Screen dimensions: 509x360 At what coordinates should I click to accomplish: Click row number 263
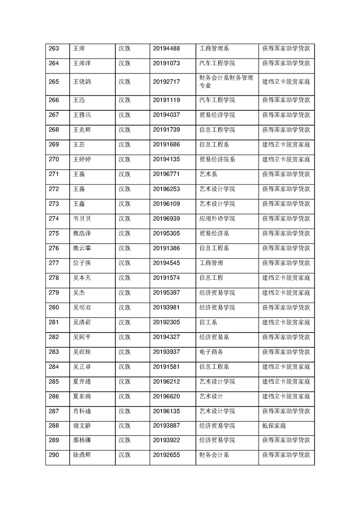(54, 49)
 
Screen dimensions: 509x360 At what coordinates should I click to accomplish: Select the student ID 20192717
(166, 82)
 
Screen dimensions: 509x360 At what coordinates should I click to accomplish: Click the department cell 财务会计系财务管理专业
(226, 82)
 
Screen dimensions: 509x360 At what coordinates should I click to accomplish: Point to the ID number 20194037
(166, 115)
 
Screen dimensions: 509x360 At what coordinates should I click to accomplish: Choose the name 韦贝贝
(82, 219)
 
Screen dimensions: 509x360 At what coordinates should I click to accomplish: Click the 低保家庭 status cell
(274, 426)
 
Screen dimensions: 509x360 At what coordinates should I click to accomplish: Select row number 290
(54, 455)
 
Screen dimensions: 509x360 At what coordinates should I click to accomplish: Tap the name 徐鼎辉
(82, 455)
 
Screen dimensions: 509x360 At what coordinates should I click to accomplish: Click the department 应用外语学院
(217, 219)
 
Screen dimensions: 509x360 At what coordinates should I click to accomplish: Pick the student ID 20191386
(166, 248)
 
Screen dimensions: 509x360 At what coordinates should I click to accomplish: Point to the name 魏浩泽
(82, 233)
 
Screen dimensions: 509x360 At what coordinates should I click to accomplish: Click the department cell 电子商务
(211, 352)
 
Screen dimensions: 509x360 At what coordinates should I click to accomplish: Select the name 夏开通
(82, 382)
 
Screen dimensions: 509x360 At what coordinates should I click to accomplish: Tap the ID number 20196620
(166, 396)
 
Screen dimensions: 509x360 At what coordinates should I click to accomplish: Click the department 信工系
(208, 322)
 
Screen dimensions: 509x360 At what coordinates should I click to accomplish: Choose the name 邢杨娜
(82, 440)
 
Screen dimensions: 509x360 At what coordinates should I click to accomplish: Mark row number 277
(54, 263)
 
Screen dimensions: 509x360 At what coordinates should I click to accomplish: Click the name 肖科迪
(82, 411)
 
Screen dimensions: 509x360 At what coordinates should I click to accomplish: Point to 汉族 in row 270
(124, 159)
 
